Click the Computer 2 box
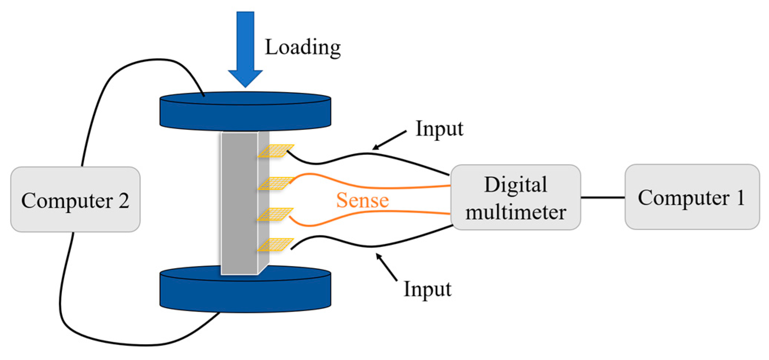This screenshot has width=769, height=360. tap(75, 199)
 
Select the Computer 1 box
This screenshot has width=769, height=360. tap(692, 197)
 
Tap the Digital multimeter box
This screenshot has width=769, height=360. tap(516, 198)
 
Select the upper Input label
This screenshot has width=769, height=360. tap(439, 129)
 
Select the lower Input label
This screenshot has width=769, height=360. tap(427, 289)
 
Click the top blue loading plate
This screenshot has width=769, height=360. tap(245, 111)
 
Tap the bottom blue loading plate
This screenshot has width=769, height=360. tap(245, 291)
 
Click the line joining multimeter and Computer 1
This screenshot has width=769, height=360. tap(603, 198)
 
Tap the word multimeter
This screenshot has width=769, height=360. tap(516, 213)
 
